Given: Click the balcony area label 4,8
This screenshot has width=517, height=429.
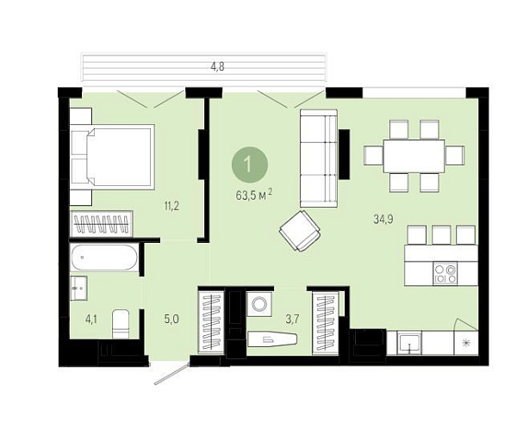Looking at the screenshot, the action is click(217, 67).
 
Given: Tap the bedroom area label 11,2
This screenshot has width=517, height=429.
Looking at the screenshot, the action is click(171, 207).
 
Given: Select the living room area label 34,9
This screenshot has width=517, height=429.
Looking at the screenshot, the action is click(383, 219).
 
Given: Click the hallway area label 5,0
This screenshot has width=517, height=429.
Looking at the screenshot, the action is click(171, 320).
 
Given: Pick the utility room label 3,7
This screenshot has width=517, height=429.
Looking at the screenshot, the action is click(292, 320).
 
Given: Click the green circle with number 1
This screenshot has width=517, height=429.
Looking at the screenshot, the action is click(250, 165).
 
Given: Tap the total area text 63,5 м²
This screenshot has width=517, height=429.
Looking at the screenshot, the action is click(254, 195).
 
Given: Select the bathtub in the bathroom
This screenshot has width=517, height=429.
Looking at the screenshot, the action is click(104, 258).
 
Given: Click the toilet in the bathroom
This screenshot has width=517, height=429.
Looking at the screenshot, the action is click(121, 324).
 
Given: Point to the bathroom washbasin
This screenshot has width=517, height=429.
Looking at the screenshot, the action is click(78, 289).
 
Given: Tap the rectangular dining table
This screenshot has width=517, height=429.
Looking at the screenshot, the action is click(414, 156).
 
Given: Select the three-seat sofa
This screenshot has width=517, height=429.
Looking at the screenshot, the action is click(319, 159).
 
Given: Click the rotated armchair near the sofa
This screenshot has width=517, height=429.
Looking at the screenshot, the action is click(300, 231).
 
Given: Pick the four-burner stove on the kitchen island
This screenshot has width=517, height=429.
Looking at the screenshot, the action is click(445, 273).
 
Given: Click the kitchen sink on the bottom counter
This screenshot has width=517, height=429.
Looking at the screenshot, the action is click(408, 344).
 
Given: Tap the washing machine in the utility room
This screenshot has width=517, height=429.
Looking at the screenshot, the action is click(259, 302).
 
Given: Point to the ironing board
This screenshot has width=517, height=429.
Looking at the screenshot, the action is click(272, 339).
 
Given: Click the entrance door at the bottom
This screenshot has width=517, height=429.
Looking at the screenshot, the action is click(171, 374).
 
